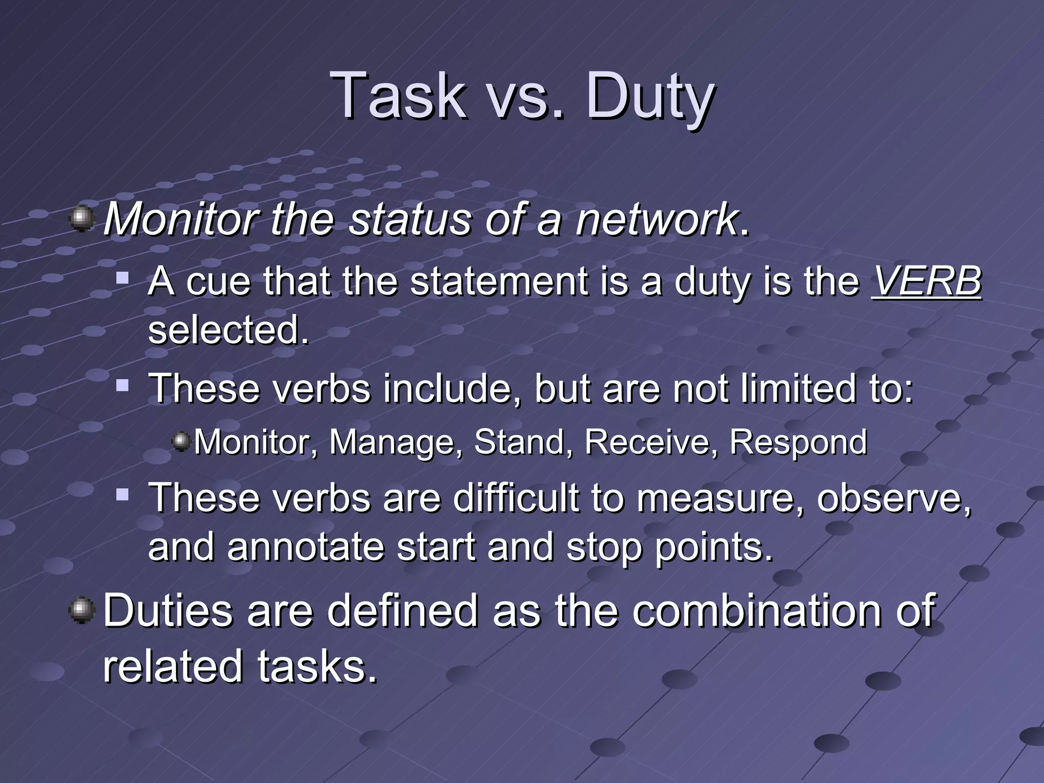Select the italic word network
coord(657,220)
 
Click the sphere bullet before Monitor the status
coord(82,220)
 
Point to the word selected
coord(228,330)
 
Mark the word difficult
coord(516,498)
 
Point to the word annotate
coord(305,546)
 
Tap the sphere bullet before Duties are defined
coord(82,610)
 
